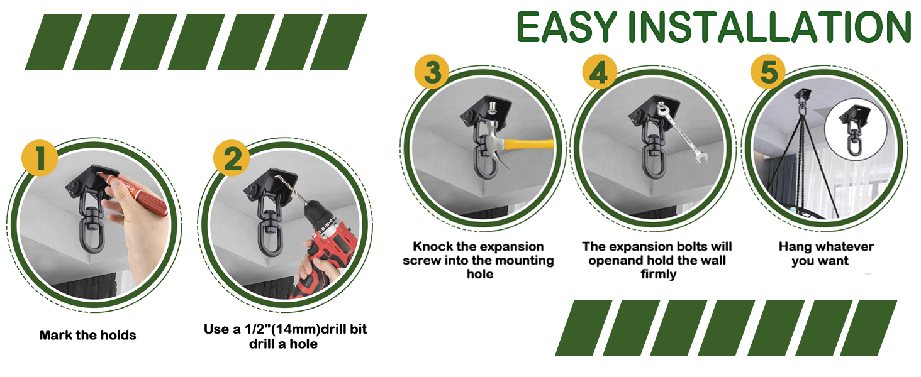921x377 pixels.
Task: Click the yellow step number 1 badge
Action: click(40, 158)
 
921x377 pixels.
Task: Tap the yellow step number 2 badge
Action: click(232, 158)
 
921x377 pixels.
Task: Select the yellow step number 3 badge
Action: click(432, 72)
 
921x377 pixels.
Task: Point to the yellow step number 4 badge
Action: click(598, 72)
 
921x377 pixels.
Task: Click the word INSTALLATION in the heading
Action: click(771, 28)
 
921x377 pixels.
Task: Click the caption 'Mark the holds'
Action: click(87, 335)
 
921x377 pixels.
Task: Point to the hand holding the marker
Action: click(135, 232)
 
